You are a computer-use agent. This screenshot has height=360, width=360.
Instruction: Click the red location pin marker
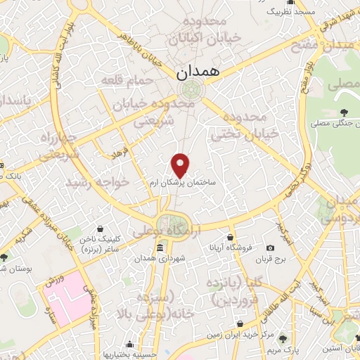(x=181, y=165)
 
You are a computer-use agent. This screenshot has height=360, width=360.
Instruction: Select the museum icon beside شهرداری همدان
(x=161, y=249)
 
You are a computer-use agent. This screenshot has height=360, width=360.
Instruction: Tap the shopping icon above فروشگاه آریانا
(x=231, y=237)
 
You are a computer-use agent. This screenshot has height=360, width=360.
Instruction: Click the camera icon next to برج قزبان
(x=271, y=248)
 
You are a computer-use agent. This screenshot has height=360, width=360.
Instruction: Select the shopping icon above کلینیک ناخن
(x=101, y=229)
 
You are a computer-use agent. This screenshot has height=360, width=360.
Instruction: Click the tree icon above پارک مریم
(x=283, y=339)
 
